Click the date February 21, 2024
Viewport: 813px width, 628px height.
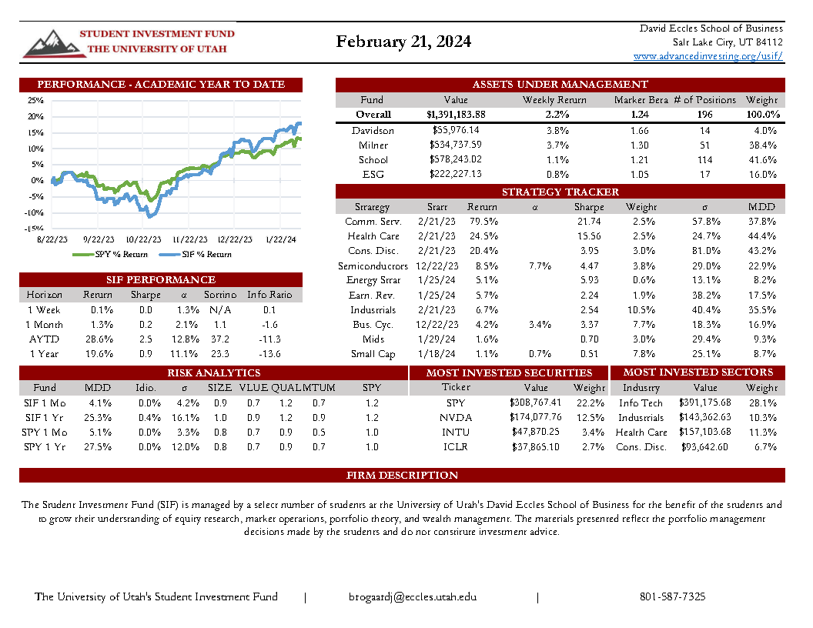(403, 42)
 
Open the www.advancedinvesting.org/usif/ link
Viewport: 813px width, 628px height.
(708, 56)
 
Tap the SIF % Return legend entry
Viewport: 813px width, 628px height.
(201, 254)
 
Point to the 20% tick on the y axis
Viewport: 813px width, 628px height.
(35, 116)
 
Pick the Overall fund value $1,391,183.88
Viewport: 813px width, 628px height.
(456, 115)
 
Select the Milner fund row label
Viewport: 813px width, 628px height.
(373, 145)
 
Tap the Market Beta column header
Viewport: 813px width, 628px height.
(641, 100)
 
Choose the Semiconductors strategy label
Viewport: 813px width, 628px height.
(373, 266)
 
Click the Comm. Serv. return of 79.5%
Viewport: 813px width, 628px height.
(483, 222)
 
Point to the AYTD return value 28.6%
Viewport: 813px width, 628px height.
(99, 339)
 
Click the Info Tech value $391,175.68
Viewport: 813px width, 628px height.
(705, 403)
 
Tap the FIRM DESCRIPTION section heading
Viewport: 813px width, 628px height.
(402, 475)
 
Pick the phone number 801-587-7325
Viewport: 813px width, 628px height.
(672, 597)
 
